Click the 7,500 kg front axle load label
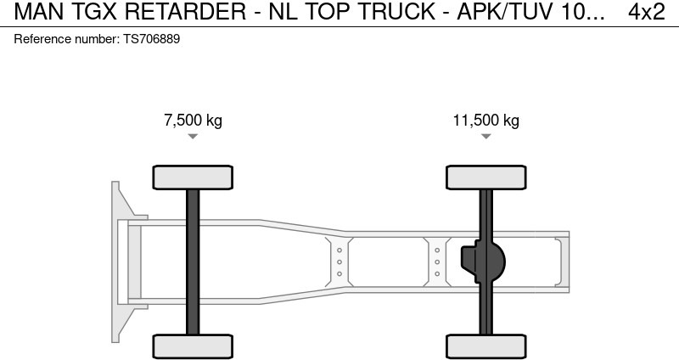[193, 121]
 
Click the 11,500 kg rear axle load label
[485, 121]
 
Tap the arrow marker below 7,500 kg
[193, 137]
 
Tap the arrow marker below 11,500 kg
[486, 137]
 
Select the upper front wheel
[193, 177]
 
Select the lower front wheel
[193, 346]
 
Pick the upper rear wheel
[486, 177]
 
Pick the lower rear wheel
[486, 346]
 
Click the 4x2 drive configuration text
[646, 13]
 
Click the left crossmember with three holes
[339, 262]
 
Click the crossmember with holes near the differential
[437, 262]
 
